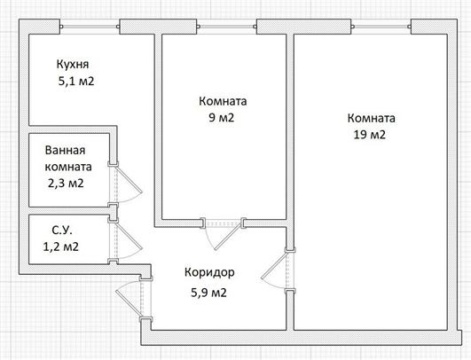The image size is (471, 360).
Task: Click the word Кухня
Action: (73, 65)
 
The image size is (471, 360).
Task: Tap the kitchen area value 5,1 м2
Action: (76, 82)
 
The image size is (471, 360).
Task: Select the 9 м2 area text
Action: (222, 118)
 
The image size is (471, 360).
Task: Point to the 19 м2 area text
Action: (370, 135)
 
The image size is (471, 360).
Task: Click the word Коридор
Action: (209, 272)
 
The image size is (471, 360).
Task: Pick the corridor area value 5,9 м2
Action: (208, 293)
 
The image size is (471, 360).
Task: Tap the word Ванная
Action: (65, 150)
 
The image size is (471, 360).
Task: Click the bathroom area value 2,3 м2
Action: (66, 184)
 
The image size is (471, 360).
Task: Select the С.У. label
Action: (62, 231)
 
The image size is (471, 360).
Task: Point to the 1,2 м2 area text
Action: (61, 247)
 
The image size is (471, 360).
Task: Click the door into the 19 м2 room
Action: (273, 270)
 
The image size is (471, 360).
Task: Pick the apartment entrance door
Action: (129, 300)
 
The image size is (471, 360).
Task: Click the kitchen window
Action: (90, 27)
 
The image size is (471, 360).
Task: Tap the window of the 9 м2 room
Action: (227, 27)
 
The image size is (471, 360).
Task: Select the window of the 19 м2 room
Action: (381, 27)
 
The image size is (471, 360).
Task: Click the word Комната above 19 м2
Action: (372, 118)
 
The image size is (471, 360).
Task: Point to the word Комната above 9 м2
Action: (223, 101)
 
